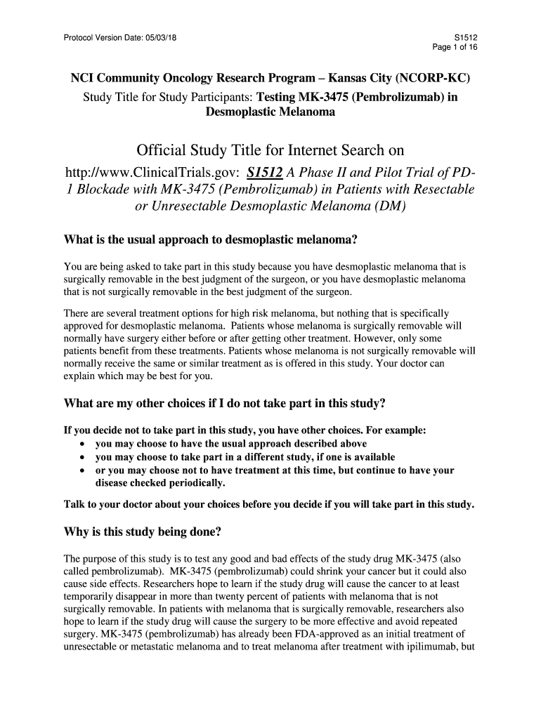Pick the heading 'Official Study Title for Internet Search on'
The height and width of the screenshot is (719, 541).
[270, 151]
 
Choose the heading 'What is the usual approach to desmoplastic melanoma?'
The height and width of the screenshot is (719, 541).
[211, 240]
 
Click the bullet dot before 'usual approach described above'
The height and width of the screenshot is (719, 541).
[84, 444]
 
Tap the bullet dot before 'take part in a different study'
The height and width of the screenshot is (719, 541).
[84, 457]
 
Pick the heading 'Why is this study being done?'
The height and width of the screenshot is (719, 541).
[143, 532]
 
